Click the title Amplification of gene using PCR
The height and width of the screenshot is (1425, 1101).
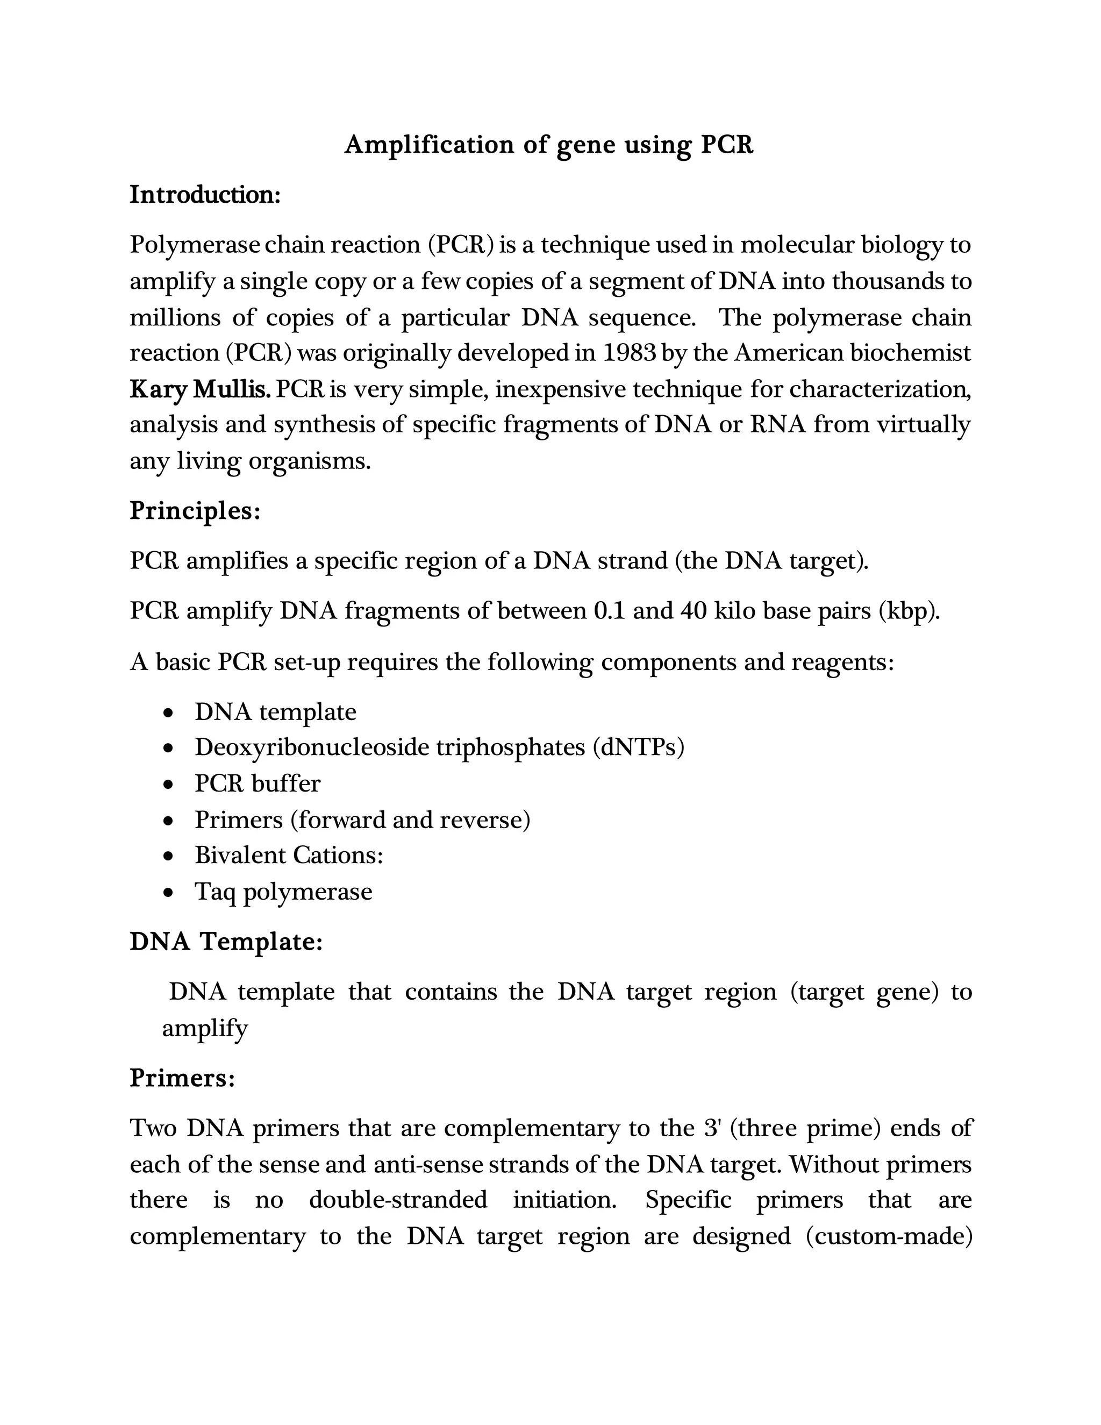click(x=548, y=144)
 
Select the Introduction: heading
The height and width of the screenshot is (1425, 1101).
click(x=205, y=195)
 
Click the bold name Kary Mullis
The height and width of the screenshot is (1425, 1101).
click(x=200, y=389)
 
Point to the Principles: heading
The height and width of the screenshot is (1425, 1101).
click(x=195, y=510)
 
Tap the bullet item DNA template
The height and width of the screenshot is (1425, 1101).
click(x=275, y=711)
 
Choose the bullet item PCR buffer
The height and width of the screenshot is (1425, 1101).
click(x=258, y=783)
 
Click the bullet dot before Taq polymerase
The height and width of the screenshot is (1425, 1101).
click(x=169, y=893)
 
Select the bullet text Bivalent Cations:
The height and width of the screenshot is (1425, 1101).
click(x=288, y=855)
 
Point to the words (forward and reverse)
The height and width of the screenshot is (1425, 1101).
click(x=410, y=820)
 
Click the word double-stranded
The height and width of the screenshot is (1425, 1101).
click(x=398, y=1199)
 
